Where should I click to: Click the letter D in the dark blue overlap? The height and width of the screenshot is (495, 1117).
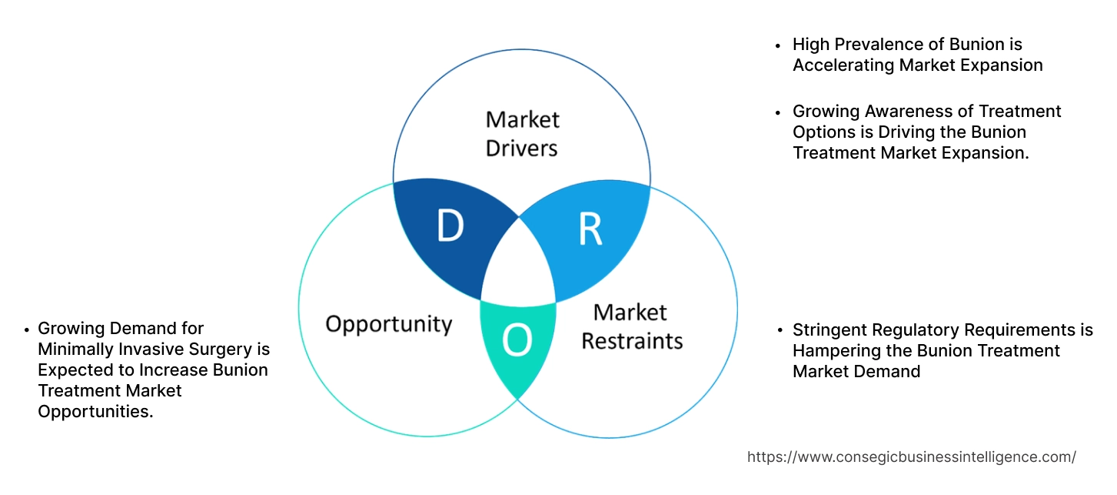(450, 226)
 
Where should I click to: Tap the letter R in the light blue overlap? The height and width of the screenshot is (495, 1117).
(590, 229)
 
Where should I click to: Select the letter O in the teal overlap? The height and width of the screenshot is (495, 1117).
(517, 341)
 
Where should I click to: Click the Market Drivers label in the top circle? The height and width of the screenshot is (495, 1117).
(522, 133)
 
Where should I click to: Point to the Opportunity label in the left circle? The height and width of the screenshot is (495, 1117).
(388, 323)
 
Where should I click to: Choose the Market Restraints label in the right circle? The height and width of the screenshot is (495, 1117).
(631, 326)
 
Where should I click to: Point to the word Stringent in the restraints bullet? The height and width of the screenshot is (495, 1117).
(829, 330)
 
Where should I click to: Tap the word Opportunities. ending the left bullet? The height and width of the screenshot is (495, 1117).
(95, 412)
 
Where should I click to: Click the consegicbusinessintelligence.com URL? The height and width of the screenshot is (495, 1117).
(911, 457)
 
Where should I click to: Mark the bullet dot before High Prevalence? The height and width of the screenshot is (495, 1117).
(779, 45)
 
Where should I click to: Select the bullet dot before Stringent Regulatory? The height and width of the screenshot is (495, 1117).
(779, 331)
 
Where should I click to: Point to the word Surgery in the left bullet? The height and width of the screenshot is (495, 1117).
(221, 350)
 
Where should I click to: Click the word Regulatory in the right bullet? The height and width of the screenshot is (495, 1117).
(912, 330)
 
